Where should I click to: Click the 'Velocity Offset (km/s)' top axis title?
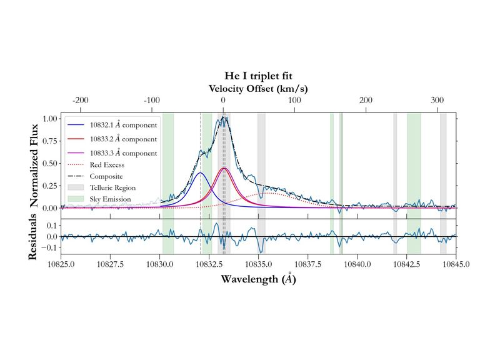(x=258, y=88)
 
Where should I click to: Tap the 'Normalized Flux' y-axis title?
(x=36, y=160)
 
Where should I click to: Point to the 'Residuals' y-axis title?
(x=36, y=237)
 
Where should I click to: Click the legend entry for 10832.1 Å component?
(x=122, y=125)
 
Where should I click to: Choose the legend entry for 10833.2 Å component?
(x=122, y=139)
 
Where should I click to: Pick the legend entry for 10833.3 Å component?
(x=122, y=152)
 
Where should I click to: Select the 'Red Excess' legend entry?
(x=107, y=165)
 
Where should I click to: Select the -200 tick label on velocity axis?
(x=81, y=100)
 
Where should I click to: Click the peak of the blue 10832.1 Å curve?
(x=200, y=172)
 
